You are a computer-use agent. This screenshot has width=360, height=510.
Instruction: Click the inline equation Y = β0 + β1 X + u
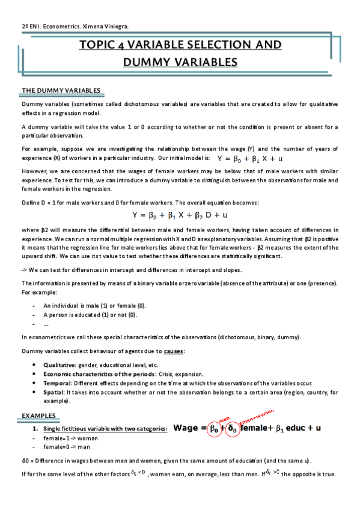coord(250,159)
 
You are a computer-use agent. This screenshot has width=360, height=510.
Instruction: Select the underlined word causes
coord(175,351)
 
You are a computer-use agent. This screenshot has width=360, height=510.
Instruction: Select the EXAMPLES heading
coord(38,416)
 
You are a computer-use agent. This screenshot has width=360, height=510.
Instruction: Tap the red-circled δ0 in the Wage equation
coord(231,429)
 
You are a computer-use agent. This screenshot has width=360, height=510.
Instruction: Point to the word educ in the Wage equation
coord(296,429)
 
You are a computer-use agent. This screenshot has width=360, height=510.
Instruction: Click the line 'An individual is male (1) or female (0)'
coord(95,306)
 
